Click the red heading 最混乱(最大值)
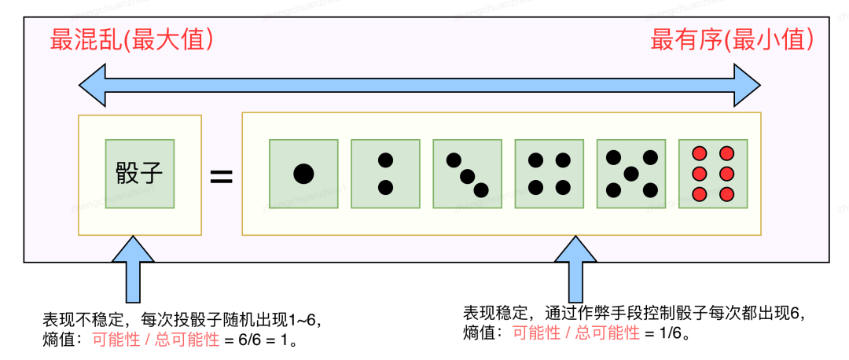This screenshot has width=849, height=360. tap(132, 40)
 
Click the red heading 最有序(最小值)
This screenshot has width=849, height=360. tap(732, 40)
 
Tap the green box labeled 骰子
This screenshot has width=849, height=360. tap(140, 174)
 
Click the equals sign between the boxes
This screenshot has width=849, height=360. tap(222, 177)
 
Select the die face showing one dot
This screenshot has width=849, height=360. tap(303, 174)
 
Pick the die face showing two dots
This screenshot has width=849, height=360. tap(385, 174)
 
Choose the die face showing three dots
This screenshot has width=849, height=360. tap(467, 174)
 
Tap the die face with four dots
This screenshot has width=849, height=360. tap(549, 174)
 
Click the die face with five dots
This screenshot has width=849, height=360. tap(630, 174)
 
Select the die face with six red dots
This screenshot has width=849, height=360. tap(712, 174)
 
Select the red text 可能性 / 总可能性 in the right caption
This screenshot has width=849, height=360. tap(576, 332)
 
